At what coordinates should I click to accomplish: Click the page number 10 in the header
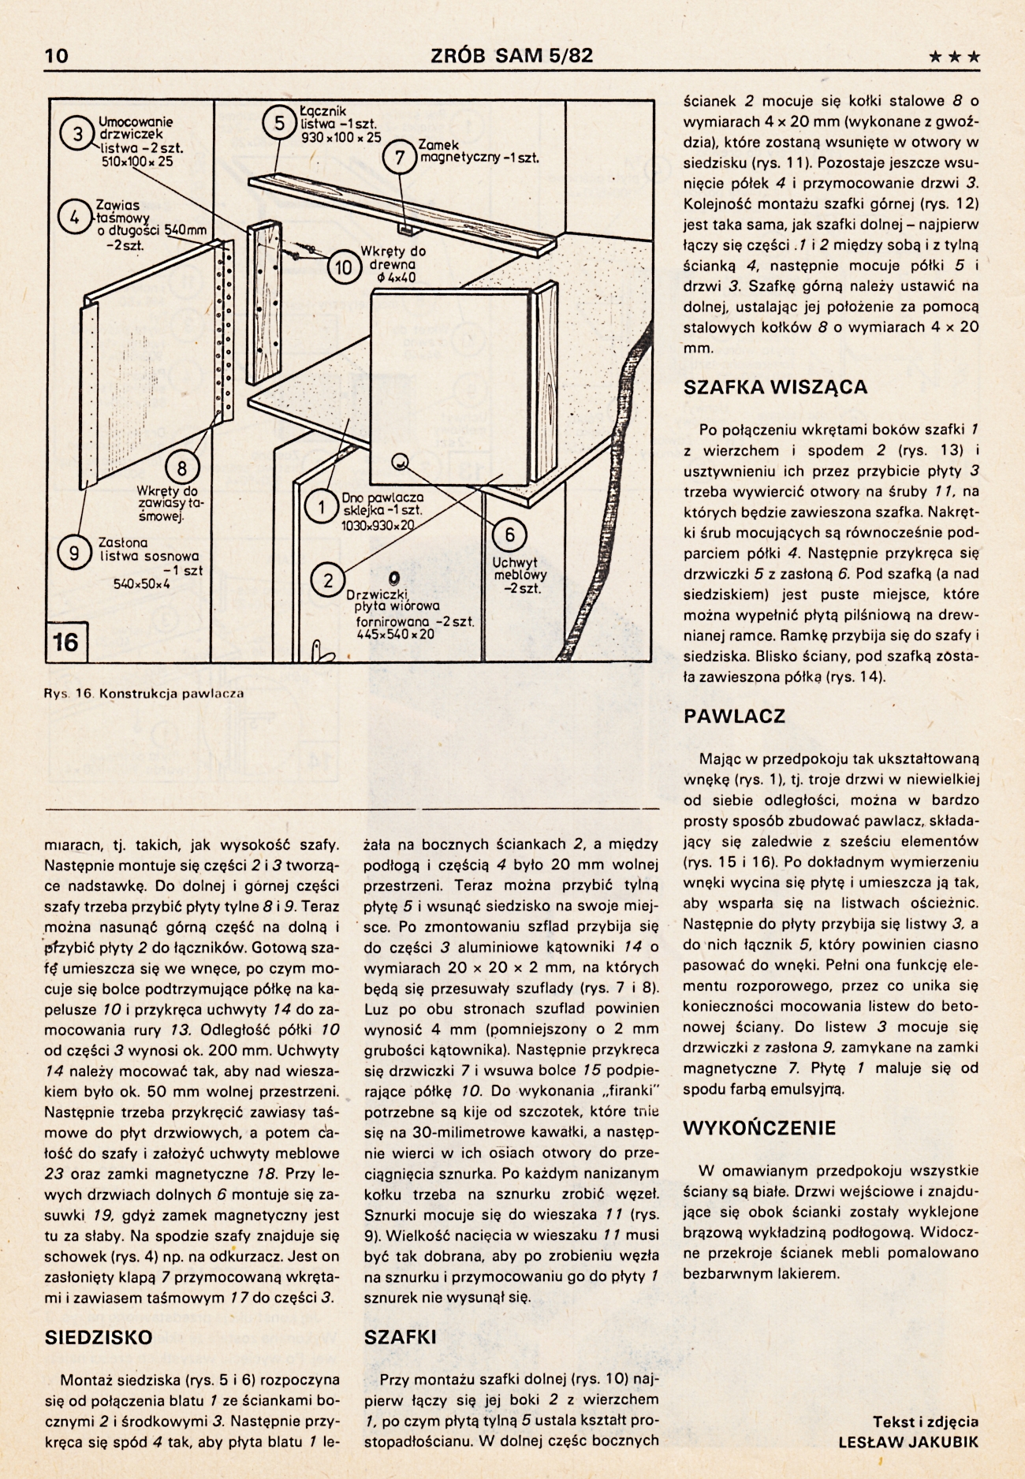coord(57,55)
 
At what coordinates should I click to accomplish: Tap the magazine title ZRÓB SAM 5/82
coord(512,55)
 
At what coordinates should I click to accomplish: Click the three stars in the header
coord(955,57)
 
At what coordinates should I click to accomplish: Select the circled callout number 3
coord(78,134)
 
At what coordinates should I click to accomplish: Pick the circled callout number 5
coord(279,124)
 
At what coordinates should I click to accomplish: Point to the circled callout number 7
coord(400,158)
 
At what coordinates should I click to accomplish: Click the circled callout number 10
coord(344,268)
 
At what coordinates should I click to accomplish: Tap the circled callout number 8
coord(181,469)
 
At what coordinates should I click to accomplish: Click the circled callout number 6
coord(509,535)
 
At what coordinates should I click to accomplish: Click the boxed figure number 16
coord(65,642)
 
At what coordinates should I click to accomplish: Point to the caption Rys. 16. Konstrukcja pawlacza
coord(144,694)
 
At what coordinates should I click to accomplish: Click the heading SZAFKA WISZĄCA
coord(775,387)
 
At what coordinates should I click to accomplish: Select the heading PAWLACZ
coord(735,717)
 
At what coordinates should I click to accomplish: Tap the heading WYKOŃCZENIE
coord(759,1127)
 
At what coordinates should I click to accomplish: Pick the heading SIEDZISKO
coord(99,1337)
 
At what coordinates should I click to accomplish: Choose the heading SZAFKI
coord(400,1337)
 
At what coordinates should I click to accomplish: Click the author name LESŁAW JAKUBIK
coord(908,1442)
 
